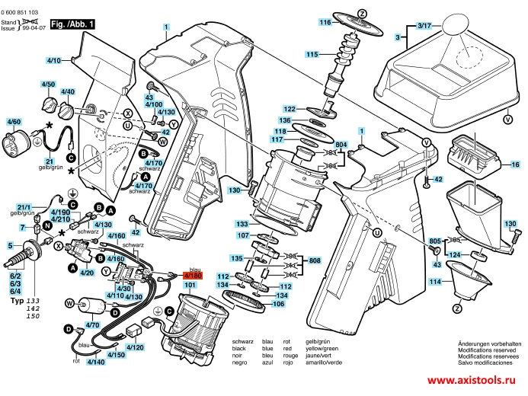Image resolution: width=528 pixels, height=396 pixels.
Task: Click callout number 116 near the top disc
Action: [325, 23]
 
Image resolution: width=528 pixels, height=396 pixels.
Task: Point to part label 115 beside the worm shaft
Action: [311, 54]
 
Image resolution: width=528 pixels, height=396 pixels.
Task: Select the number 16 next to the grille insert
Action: [515, 164]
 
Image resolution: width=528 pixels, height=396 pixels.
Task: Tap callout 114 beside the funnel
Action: [435, 282]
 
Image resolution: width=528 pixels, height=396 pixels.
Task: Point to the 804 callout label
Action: [341, 145]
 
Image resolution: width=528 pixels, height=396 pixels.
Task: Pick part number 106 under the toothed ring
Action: [279, 304]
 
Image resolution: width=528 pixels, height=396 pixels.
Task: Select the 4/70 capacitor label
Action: [93, 325]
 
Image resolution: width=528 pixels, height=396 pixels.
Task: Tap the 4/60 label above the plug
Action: [14, 122]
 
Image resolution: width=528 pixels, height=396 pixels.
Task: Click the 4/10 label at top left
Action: [53, 59]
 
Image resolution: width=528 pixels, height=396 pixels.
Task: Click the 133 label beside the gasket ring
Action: [242, 225]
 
